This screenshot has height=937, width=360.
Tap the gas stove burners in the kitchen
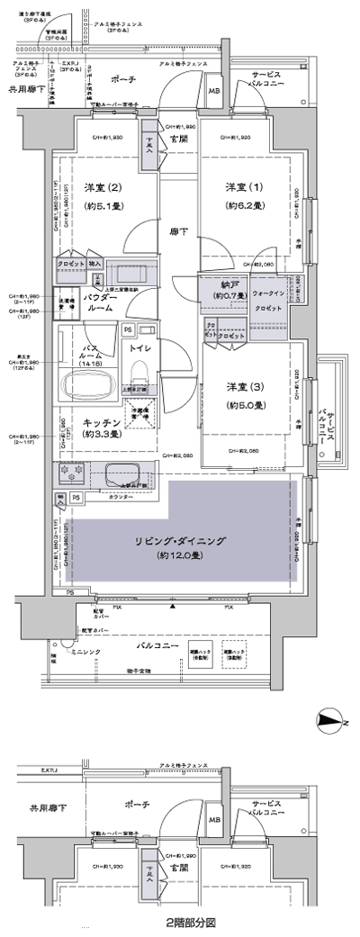71,473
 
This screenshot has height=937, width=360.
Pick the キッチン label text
103,421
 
